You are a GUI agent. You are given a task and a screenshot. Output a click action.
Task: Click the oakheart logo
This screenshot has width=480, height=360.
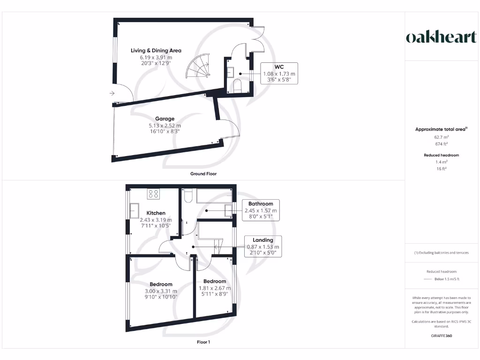click(x=441, y=37)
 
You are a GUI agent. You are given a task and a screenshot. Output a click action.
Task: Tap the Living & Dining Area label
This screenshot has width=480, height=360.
click(x=156, y=51)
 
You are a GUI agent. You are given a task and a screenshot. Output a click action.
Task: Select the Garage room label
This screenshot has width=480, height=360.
click(x=165, y=119)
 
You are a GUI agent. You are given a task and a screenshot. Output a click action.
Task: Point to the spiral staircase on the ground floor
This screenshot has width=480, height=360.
click(x=199, y=68)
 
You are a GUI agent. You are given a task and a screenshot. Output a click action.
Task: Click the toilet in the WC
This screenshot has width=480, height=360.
click(x=238, y=85)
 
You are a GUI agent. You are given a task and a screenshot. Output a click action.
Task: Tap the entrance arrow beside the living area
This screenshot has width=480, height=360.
click(x=112, y=93)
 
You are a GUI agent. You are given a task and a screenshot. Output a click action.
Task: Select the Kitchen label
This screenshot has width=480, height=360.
click(x=156, y=213)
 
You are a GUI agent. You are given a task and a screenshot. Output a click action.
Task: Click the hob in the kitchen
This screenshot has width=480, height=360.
click(x=153, y=194)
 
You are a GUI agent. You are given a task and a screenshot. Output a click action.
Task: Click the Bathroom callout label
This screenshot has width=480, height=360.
click(x=261, y=204)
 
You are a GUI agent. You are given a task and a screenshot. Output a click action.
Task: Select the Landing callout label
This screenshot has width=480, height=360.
click(x=262, y=240)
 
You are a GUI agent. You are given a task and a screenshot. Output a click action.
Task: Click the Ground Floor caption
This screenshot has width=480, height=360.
click(x=203, y=174)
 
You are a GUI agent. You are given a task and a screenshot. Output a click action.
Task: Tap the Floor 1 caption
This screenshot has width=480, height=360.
click(x=203, y=342)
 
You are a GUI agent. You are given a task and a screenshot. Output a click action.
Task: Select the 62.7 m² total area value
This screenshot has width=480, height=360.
click(x=441, y=137)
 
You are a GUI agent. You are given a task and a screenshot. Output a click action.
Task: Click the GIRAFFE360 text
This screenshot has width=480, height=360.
click(x=441, y=336)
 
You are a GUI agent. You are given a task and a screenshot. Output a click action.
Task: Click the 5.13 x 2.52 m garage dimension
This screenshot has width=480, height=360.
click(x=165, y=126)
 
